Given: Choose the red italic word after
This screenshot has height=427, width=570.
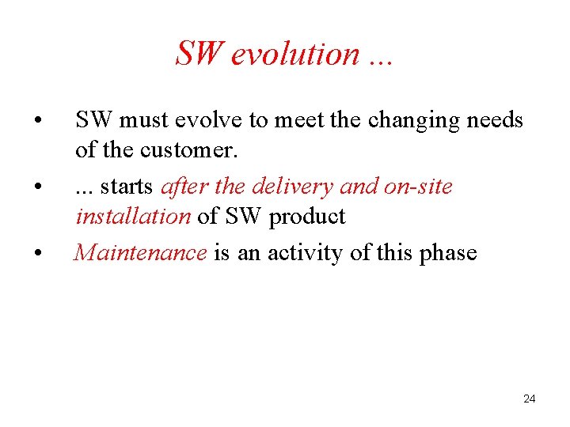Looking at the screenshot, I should pyautogui.click(x=184, y=187).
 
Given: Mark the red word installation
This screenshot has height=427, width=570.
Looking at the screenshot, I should pyautogui.click(x=133, y=216).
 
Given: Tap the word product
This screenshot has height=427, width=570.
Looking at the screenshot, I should pyautogui.click(x=307, y=217).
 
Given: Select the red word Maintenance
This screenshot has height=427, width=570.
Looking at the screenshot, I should pyautogui.click(x=141, y=253).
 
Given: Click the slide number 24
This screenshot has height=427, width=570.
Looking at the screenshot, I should pyautogui.click(x=530, y=399).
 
